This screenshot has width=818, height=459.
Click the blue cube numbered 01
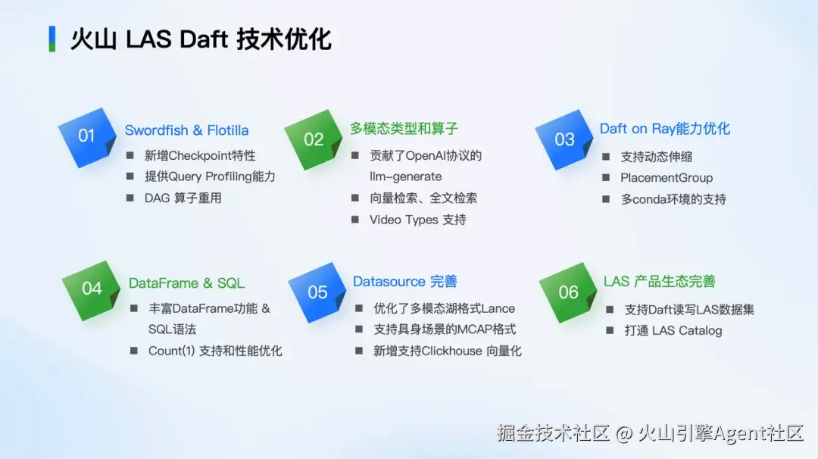(x=87, y=138)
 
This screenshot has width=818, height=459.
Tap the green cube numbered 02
(x=314, y=140)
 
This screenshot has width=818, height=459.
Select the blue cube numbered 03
(x=564, y=140)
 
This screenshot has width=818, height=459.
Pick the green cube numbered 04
(x=92, y=290)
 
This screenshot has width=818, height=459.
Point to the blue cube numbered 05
(x=317, y=292)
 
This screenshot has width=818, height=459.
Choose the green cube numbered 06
(x=568, y=292)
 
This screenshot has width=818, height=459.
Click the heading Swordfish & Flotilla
(x=187, y=130)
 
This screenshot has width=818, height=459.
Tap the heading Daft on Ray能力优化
(x=665, y=129)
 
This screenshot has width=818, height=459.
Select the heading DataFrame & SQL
(x=187, y=283)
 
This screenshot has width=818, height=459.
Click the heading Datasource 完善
(x=404, y=282)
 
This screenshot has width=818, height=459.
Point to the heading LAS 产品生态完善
(x=660, y=282)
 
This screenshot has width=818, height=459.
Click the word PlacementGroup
(x=667, y=178)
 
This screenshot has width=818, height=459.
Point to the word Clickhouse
(x=451, y=351)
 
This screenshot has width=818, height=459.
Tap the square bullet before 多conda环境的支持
(x=606, y=199)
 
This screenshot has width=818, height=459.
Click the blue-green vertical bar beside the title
(x=52, y=39)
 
